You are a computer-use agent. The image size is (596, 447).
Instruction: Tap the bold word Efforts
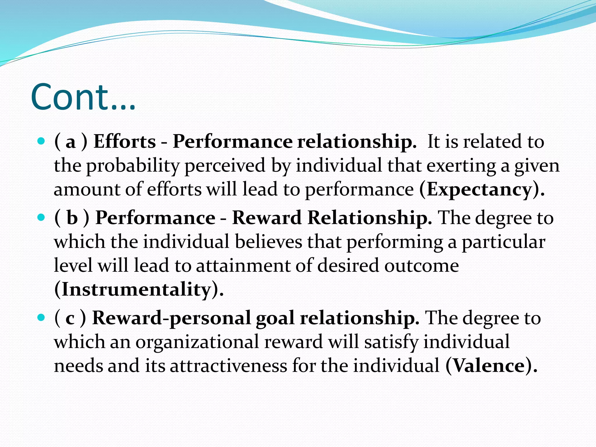[x=125, y=142]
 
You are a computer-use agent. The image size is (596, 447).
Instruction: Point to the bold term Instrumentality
[x=136, y=290]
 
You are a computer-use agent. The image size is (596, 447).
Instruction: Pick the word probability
[x=132, y=166]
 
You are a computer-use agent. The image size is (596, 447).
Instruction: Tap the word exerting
[x=461, y=166]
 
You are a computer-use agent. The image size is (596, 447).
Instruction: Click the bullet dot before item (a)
[x=41, y=141]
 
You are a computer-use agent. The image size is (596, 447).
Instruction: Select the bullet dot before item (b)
[x=41, y=217]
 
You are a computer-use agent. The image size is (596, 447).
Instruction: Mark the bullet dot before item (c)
[x=41, y=317]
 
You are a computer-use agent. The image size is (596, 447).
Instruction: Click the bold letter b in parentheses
[x=72, y=218]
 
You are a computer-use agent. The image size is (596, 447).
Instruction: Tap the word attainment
[x=243, y=266]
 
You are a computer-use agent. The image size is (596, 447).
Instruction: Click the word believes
[x=269, y=242]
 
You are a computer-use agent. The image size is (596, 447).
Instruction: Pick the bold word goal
[x=275, y=318]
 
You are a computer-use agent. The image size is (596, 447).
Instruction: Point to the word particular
[x=503, y=242]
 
